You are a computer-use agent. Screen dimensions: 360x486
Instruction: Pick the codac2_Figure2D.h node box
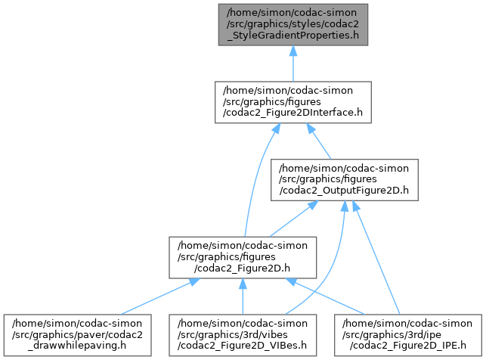point(242,256)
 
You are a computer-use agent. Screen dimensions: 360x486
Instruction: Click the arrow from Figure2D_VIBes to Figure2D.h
point(242,295)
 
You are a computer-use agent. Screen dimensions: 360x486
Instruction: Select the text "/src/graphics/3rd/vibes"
point(242,327)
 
